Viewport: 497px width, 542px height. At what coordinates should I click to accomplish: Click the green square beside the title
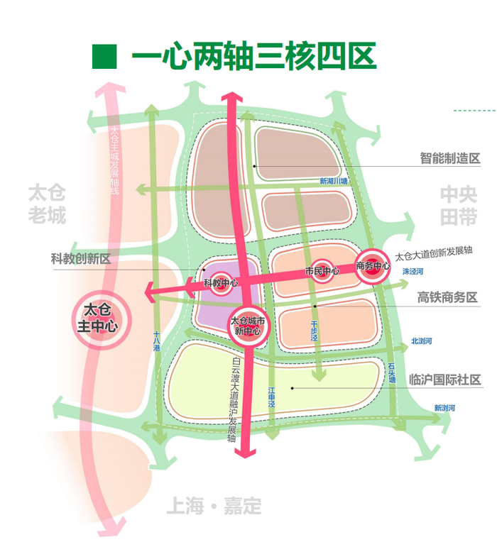(104, 57)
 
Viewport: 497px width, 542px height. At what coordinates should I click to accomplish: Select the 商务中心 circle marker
(373, 266)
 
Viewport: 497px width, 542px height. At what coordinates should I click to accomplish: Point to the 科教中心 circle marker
(221, 283)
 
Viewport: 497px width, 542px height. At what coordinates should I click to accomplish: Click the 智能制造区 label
(449, 158)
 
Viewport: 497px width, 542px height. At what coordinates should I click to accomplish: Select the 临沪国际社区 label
(444, 380)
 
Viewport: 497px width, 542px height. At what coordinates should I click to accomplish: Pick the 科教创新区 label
(81, 259)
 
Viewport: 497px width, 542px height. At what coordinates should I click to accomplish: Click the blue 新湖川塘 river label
(334, 182)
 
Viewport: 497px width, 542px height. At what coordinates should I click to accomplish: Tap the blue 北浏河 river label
(421, 341)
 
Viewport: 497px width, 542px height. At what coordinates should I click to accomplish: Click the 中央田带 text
(459, 206)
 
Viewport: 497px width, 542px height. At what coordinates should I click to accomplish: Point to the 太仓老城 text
(47, 204)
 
